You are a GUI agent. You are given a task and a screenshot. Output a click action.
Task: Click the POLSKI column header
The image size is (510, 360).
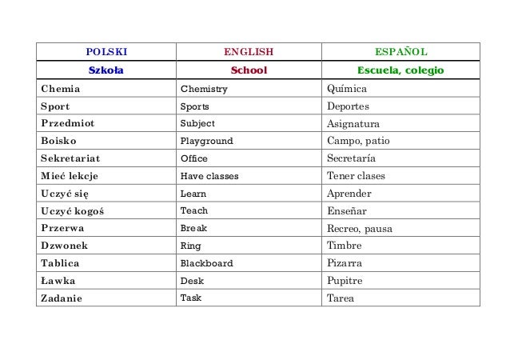click(107, 53)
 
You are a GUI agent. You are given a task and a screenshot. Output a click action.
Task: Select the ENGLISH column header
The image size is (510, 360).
click(249, 53)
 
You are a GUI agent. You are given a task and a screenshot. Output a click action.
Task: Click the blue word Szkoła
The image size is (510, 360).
click(106, 70)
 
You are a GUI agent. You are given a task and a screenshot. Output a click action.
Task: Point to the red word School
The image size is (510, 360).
click(249, 70)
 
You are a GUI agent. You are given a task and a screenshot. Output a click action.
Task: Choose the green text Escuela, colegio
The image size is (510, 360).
click(400, 70)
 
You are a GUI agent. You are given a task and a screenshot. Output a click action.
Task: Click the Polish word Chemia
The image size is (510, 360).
click(60, 89)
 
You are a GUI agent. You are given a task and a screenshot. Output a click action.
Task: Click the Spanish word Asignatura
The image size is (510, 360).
click(353, 124)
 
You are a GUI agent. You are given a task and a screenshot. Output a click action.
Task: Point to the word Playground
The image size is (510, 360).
click(206, 141)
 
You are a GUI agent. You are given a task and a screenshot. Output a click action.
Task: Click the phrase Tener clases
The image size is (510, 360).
click(356, 176)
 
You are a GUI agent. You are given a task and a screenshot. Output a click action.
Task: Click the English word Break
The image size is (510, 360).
click(193, 228)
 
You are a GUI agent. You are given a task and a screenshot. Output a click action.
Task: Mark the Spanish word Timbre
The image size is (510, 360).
click(345, 246)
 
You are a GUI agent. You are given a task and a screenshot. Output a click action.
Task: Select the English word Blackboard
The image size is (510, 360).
click(206, 263)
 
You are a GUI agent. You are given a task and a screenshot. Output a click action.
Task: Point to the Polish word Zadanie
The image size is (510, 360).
click(62, 298)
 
